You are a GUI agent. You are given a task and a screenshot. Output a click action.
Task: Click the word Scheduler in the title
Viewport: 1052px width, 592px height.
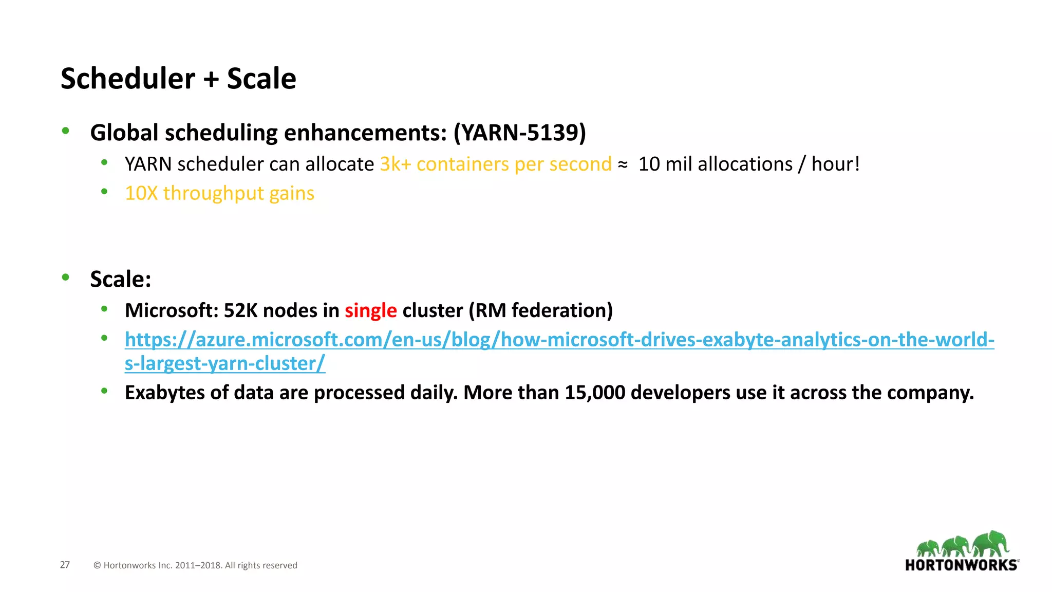point(128,79)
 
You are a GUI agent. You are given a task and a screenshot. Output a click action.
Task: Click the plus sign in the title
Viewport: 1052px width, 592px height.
point(211,80)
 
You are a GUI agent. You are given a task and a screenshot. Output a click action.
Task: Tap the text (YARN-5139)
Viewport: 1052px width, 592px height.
point(519,133)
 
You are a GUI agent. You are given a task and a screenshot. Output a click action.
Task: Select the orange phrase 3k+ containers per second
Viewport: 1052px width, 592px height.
point(496,164)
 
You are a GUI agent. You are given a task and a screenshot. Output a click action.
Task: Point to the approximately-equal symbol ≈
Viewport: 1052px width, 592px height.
point(623,165)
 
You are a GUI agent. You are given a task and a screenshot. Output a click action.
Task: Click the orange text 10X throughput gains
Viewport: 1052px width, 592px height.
point(219,194)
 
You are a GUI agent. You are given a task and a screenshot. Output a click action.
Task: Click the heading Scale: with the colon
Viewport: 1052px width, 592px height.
point(121,280)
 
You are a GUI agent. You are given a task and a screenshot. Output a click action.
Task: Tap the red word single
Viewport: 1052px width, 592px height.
point(370,311)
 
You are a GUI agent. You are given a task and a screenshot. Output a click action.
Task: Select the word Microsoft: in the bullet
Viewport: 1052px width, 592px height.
point(172,311)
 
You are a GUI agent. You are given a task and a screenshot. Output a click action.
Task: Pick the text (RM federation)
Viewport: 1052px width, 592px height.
point(540,311)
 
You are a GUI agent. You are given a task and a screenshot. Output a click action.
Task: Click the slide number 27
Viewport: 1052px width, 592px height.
point(65,565)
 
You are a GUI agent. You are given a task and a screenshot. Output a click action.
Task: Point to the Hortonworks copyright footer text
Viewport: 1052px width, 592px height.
point(195,565)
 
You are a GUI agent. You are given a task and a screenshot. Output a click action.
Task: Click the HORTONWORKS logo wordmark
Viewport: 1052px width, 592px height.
point(961,565)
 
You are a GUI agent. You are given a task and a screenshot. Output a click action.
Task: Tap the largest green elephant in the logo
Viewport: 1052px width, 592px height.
point(991,544)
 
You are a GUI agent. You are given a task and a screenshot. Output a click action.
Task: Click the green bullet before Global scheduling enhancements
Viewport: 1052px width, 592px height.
point(65,131)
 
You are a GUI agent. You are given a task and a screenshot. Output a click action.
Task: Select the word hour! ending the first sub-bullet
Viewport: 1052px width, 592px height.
point(835,164)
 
